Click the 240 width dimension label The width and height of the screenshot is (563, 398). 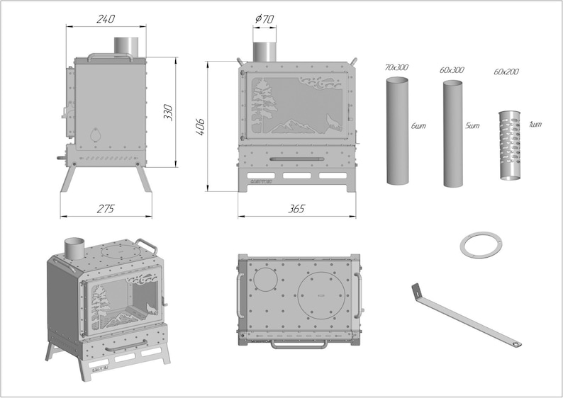point(106,19)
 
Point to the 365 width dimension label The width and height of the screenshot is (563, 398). point(296,209)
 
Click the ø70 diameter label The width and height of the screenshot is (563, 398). point(264,19)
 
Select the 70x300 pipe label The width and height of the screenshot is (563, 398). point(396,67)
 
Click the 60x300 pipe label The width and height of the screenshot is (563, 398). point(452,71)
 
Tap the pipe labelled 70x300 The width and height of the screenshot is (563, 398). point(398,131)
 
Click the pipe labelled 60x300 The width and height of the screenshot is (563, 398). point(454,133)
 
